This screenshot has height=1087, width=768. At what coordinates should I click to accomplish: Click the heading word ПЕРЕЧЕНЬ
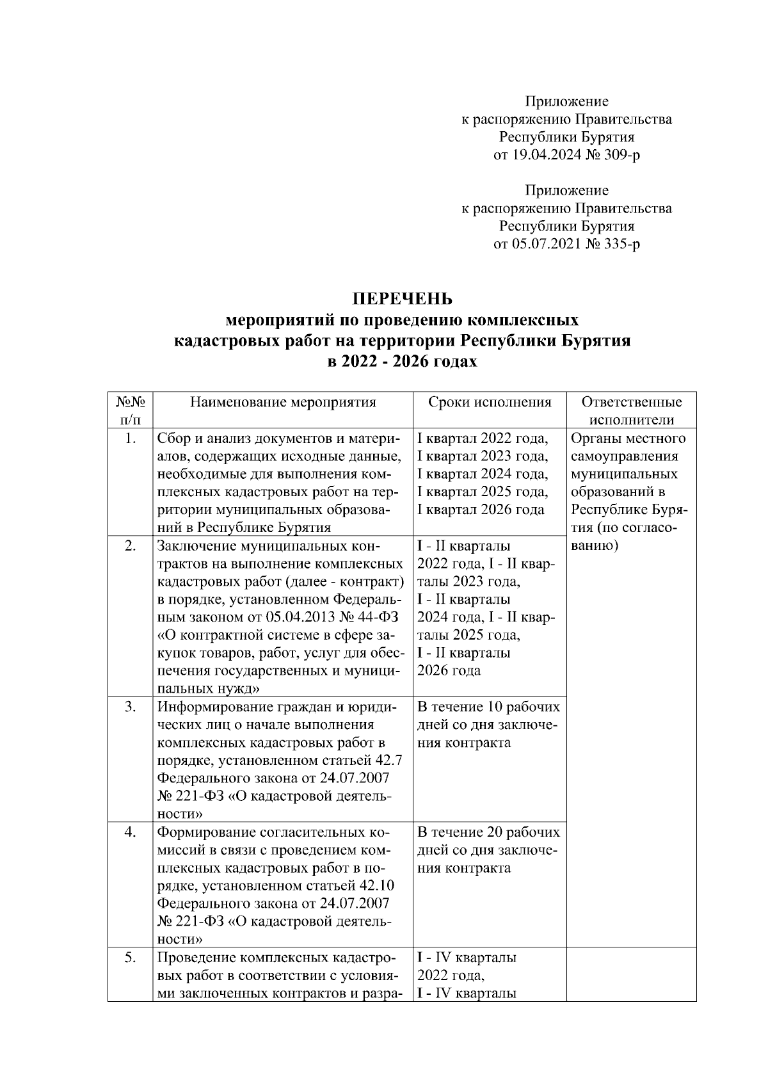pyautogui.click(x=403, y=299)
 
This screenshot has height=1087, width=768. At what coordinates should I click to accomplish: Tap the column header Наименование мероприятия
pyautogui.click(x=283, y=402)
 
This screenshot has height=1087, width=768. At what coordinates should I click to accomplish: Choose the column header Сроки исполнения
pyautogui.click(x=490, y=402)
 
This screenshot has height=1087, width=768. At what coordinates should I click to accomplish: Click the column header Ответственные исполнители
pyautogui.click(x=631, y=410)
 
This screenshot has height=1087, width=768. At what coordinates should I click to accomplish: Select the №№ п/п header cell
pyautogui.click(x=130, y=410)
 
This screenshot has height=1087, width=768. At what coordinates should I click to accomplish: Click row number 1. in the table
pyautogui.click(x=130, y=439)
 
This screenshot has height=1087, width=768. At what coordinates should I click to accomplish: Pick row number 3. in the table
pyautogui.click(x=130, y=707)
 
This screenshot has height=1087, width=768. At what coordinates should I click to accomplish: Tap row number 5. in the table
pyautogui.click(x=130, y=958)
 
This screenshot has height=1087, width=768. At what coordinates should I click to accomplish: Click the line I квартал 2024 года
pyautogui.click(x=482, y=474)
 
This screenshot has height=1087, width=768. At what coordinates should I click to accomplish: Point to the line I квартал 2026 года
pyautogui.click(x=481, y=510)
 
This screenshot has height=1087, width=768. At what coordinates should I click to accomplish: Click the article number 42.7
pyautogui.click(x=388, y=761)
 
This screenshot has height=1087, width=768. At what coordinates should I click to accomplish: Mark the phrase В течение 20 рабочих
pyautogui.click(x=488, y=832)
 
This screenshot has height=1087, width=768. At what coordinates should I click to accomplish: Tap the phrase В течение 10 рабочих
pyautogui.click(x=488, y=707)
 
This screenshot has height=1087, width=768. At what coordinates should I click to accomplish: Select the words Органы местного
pyautogui.click(x=627, y=439)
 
